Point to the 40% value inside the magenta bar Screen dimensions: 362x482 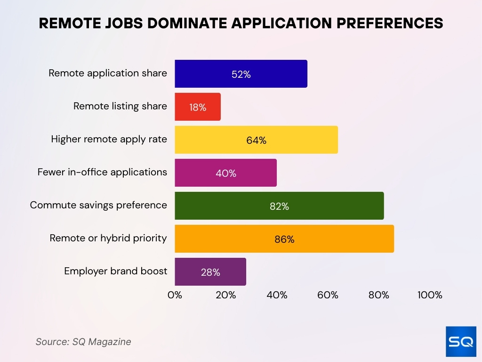point(226,173)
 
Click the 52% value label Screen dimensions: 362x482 point(241,74)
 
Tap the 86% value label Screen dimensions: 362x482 point(284,239)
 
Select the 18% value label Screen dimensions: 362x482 point(198,107)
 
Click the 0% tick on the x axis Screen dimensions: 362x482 point(175,295)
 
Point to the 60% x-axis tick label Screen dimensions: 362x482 point(328,295)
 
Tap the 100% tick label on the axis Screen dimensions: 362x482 point(430,295)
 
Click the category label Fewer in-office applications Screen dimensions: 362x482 point(102,172)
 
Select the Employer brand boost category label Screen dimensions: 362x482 point(116,271)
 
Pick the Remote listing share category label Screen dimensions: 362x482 point(120,106)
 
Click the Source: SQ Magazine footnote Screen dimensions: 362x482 point(83,342)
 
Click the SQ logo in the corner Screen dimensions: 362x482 point(461,341)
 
